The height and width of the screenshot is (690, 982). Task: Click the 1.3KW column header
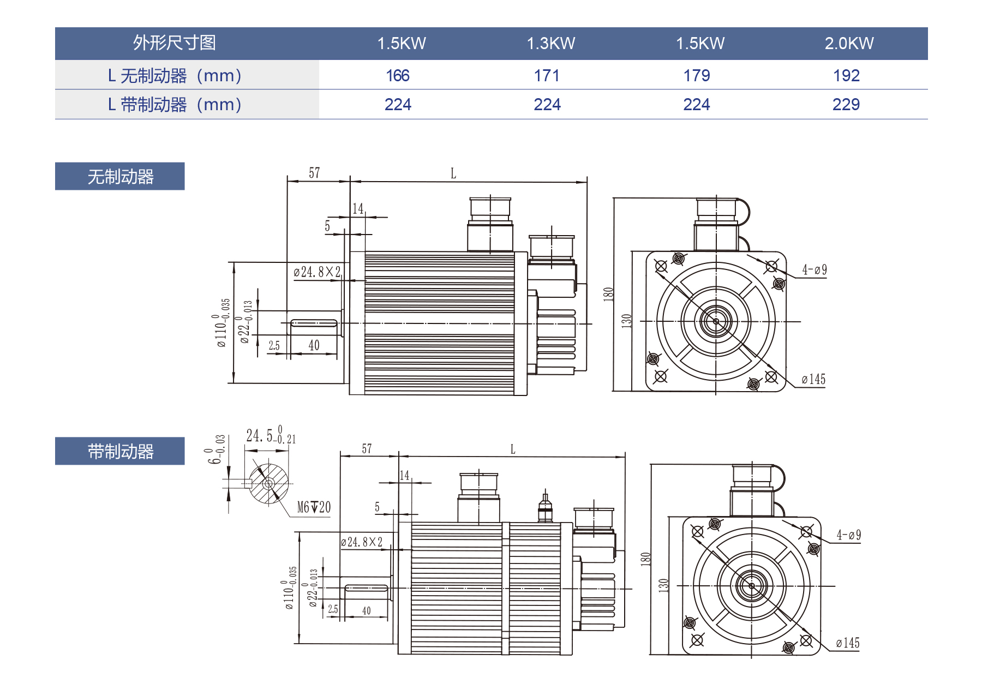click(x=550, y=44)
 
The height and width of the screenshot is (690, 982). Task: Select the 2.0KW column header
click(x=849, y=44)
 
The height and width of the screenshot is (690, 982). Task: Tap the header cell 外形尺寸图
click(x=175, y=43)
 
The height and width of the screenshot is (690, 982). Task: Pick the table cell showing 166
click(x=398, y=76)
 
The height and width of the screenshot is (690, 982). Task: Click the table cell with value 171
click(x=547, y=76)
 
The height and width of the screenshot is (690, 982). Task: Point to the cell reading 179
click(x=697, y=76)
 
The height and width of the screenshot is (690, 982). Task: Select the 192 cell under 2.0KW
click(x=846, y=76)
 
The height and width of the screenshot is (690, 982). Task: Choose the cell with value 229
click(x=846, y=105)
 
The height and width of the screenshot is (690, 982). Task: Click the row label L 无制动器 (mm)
click(x=175, y=76)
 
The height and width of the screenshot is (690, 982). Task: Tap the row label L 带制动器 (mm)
click(x=175, y=105)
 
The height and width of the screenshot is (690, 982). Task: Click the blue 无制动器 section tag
click(x=120, y=177)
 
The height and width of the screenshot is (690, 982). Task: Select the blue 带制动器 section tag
click(x=120, y=452)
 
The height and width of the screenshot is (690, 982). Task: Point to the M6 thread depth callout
click(x=314, y=508)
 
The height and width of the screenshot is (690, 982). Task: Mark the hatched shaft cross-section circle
click(x=268, y=484)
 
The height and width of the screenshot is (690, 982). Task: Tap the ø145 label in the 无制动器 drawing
click(x=813, y=380)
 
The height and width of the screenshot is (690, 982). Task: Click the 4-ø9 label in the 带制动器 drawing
click(x=848, y=536)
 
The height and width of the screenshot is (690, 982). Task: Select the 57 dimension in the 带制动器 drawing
click(x=367, y=449)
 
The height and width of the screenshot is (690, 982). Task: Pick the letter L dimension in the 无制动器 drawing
click(x=453, y=174)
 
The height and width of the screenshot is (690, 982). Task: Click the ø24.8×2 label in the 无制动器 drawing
click(x=317, y=272)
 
